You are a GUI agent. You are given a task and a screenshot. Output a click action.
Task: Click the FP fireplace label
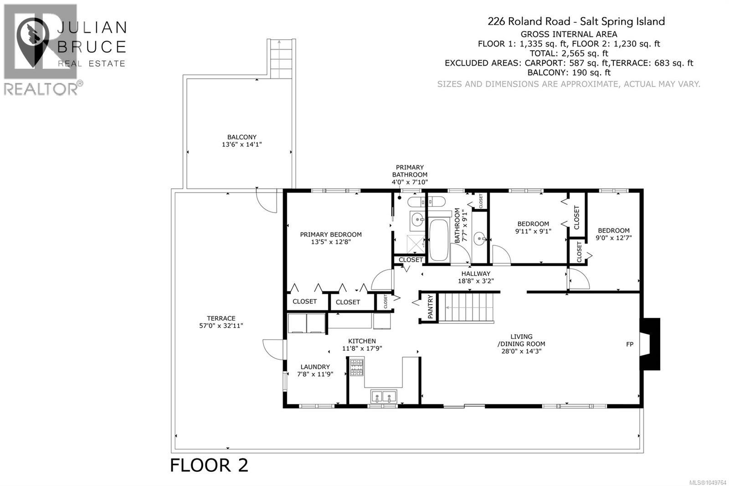[630, 344]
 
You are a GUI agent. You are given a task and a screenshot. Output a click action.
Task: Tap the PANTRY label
[430, 306]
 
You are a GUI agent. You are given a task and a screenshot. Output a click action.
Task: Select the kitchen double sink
[383, 396]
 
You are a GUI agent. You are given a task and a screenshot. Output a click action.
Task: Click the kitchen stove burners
[356, 367]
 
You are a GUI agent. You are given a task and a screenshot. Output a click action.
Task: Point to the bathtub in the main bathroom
[439, 240]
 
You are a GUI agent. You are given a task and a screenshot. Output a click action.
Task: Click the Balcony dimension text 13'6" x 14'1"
[242, 145]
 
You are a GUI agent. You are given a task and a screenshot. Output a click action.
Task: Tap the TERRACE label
[221, 318]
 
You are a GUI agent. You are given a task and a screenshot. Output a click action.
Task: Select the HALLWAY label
[476, 274]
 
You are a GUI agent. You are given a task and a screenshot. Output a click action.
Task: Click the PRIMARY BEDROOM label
[331, 234]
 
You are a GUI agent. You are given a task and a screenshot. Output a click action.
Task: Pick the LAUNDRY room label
[315, 367]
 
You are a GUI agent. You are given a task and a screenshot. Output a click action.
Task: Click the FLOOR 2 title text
[209, 465]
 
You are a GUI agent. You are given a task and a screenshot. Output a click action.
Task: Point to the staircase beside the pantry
[466, 307]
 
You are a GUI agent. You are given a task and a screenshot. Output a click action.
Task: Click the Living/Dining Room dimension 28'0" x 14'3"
[521, 351]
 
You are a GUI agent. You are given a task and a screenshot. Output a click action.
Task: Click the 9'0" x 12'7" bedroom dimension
[613, 238]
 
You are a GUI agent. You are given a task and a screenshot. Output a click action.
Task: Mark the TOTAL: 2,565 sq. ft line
[569, 53]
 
